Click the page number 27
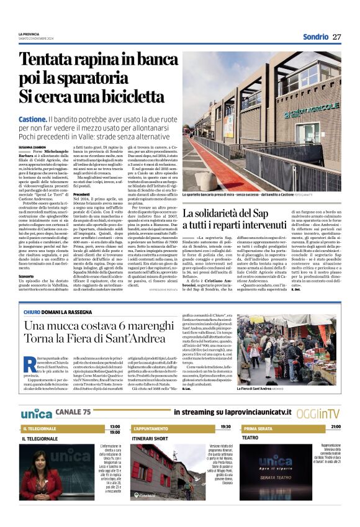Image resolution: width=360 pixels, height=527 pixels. (x=337, y=37)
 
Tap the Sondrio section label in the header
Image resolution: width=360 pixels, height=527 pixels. (x=315, y=37)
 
